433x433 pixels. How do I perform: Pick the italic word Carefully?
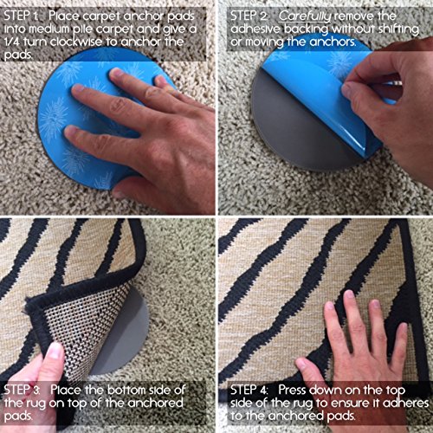(314, 15)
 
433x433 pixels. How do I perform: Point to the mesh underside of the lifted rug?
(78, 320)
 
